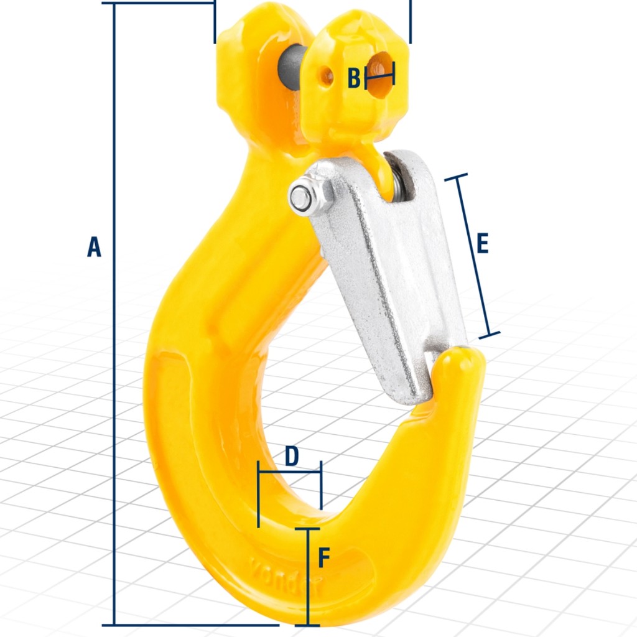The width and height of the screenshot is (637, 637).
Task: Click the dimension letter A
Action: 93,246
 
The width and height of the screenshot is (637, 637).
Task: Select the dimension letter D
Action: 291,456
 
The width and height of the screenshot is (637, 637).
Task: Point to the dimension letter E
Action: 482,243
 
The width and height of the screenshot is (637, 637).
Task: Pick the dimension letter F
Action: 323,558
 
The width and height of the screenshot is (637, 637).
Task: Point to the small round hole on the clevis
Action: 326,76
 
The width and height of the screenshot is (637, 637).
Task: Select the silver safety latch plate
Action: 386,274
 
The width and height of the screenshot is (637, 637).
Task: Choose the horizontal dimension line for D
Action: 289,472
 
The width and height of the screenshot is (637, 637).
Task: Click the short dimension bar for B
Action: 379,78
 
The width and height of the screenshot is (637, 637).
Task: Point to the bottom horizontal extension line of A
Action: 187,625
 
